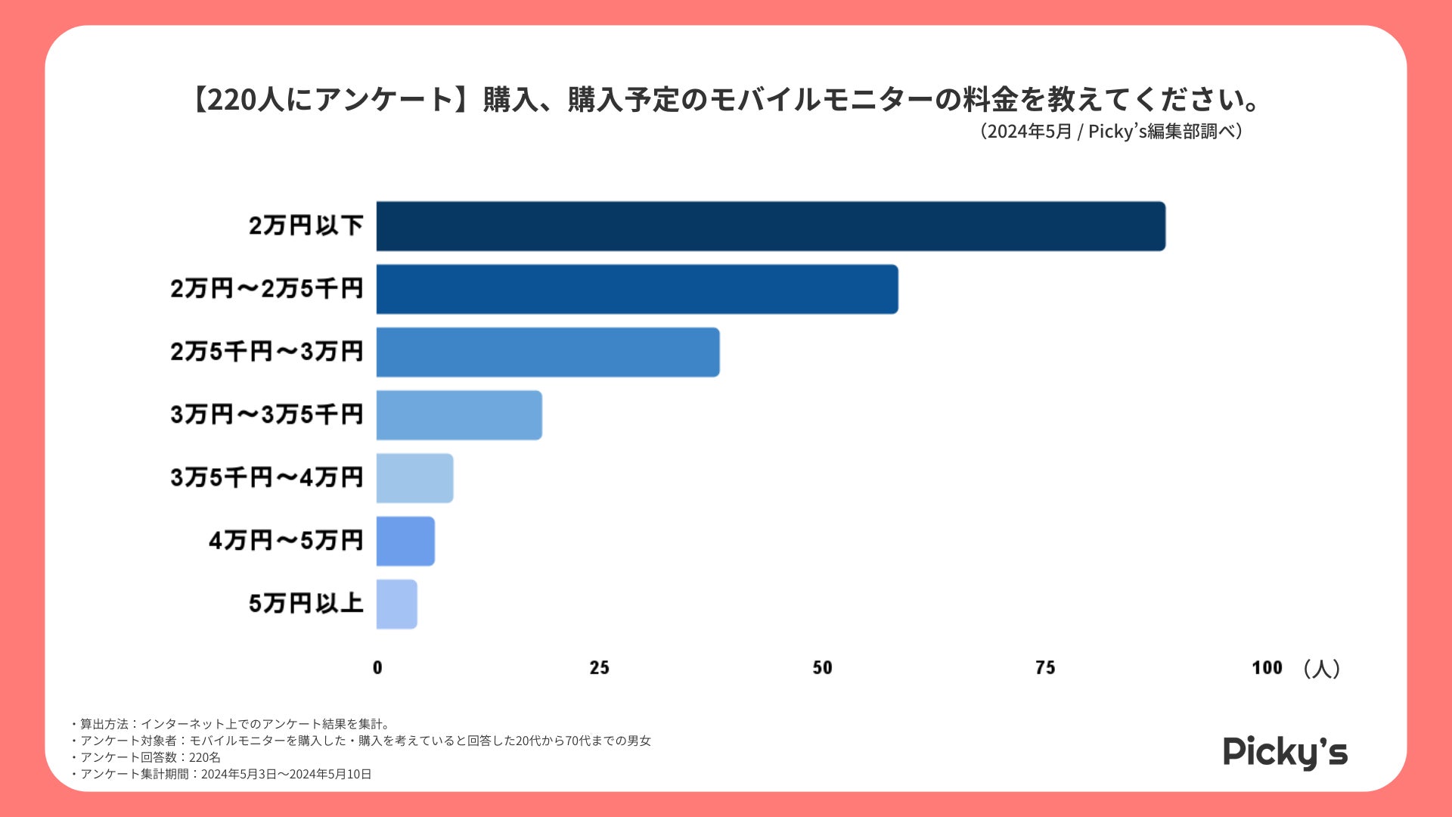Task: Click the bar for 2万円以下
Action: click(770, 226)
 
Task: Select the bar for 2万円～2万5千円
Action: click(637, 289)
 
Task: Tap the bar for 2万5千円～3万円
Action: click(548, 352)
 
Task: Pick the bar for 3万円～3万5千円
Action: click(459, 415)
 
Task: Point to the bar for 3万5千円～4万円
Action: click(414, 478)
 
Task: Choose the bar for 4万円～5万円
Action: click(405, 541)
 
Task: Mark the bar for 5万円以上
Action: click(396, 604)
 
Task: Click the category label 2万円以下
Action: click(306, 225)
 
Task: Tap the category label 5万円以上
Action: click(306, 604)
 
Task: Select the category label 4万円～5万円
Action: click(286, 541)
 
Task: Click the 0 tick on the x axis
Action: click(377, 668)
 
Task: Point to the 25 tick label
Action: click(599, 668)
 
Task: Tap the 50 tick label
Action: click(822, 668)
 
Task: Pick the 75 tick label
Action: click(1044, 668)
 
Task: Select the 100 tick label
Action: click(1267, 668)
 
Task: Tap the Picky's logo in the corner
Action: click(1285, 752)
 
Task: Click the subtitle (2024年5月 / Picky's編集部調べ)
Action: click(1112, 132)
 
